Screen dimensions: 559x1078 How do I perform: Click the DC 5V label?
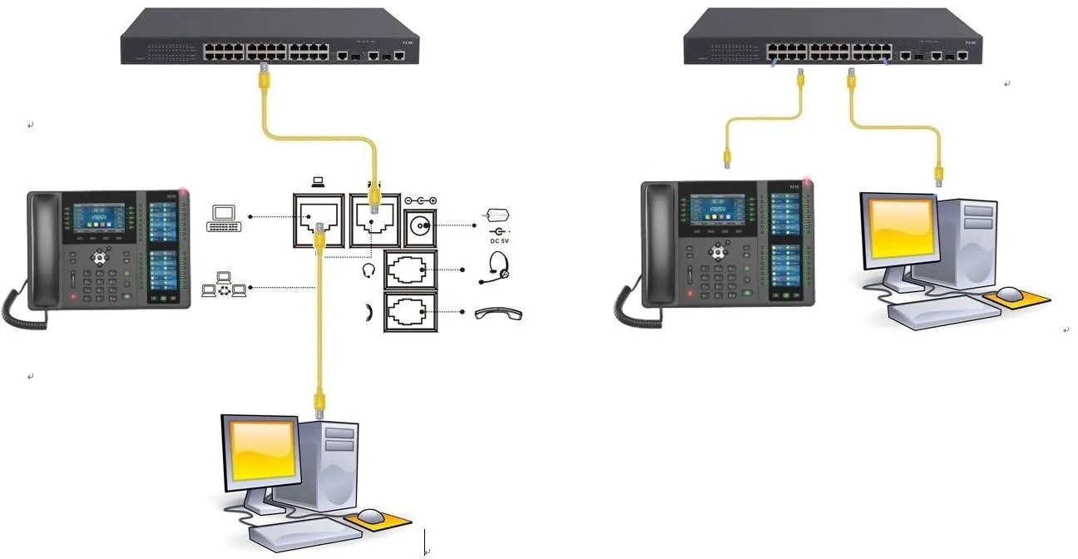(x=498, y=241)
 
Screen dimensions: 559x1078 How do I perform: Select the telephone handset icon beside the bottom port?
(x=498, y=314)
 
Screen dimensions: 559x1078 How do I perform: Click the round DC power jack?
(x=419, y=225)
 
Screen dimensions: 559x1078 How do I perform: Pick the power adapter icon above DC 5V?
(x=497, y=215)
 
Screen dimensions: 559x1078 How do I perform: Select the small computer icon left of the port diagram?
(x=225, y=217)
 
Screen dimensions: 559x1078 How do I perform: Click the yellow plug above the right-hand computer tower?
(x=938, y=172)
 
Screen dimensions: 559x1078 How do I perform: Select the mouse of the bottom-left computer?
(x=372, y=517)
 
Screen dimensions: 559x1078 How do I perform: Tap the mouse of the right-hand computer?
(x=1009, y=293)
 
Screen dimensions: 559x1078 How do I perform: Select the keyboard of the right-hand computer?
(x=942, y=313)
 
